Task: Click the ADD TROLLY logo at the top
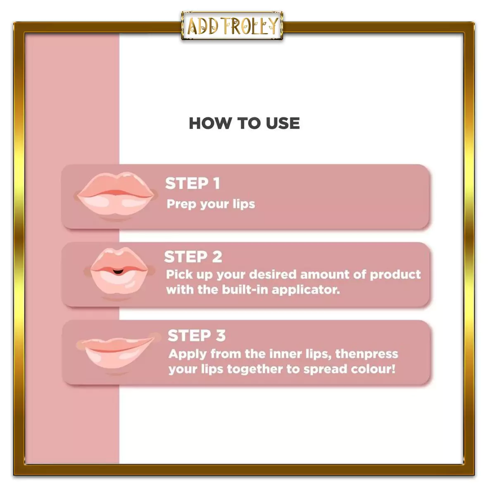tap(232, 26)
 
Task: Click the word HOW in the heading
tap(210, 123)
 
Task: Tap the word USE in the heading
tap(283, 123)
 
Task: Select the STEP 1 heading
tap(193, 183)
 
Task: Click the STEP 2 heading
tap(193, 257)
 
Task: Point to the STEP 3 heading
tap(197, 336)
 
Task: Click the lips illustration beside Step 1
tap(116, 195)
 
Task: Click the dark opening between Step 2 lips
tap(118, 272)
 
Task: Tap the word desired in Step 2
tap(273, 274)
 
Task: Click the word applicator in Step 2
tap(306, 290)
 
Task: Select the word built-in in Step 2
tap(245, 290)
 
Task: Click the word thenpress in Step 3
tap(367, 354)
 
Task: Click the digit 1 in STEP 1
tap(217, 183)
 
